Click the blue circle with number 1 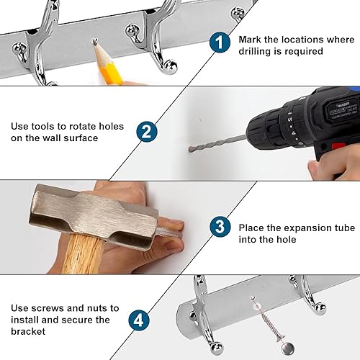click(220, 42)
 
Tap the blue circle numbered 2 click(147, 132)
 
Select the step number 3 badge click(220, 227)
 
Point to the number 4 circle click(139, 320)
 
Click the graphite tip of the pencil click(95, 42)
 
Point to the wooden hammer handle click(81, 254)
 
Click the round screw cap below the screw click(287, 349)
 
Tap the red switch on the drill click(338, 145)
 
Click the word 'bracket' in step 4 click(28, 331)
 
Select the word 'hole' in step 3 click(287, 240)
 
